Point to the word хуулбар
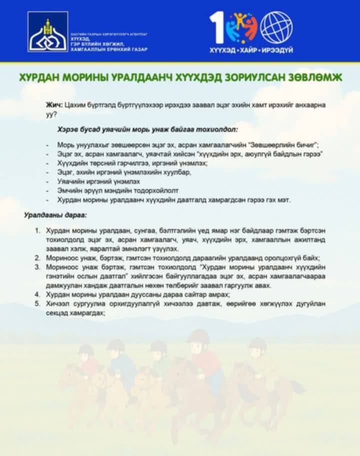click(x=177, y=172)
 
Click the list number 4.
click(x=37, y=295)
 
